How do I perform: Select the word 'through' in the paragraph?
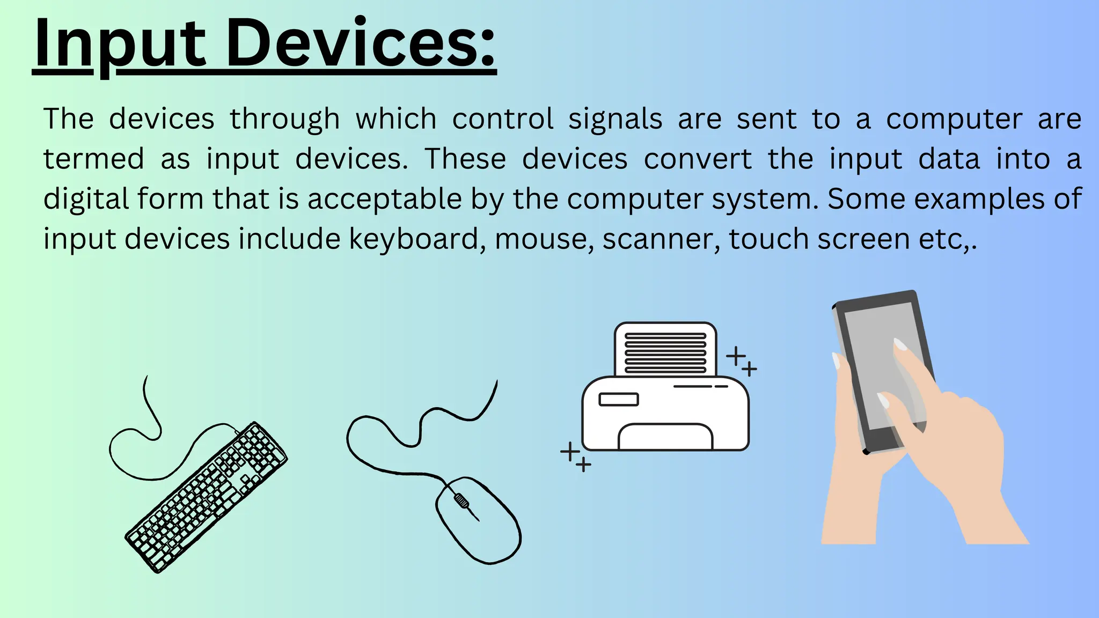point(285,119)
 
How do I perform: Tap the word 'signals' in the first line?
point(616,119)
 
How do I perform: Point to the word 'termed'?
point(94,159)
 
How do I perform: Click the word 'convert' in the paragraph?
point(698,159)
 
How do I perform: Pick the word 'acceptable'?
point(384,199)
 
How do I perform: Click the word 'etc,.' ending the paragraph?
point(948,239)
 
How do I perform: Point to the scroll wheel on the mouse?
point(460,501)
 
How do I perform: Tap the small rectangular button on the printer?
point(618,399)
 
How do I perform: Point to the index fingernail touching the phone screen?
point(900,344)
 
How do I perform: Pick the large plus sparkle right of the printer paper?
point(736,355)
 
